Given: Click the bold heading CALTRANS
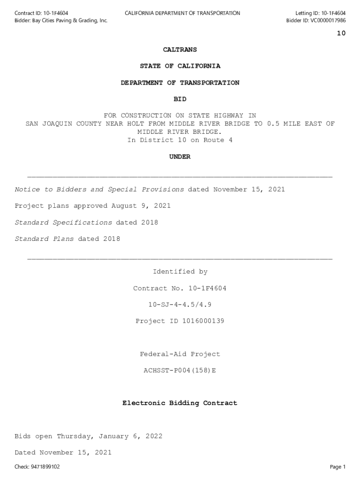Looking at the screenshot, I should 180,50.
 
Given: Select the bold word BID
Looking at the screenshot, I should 180,99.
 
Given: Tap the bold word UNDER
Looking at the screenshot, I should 180,157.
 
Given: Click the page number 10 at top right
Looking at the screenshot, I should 341,33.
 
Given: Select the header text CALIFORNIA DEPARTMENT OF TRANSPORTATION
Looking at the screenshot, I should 182,13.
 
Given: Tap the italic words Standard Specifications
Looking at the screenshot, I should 64,223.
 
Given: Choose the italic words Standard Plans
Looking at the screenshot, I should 44,239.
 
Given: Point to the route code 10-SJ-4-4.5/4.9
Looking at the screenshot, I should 180,305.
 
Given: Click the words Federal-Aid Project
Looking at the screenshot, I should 180,354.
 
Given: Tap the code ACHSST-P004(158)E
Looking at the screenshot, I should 180,370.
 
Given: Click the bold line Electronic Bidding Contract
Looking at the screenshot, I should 180,403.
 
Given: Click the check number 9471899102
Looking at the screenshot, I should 44,467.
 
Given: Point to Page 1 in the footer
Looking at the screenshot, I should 338,467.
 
